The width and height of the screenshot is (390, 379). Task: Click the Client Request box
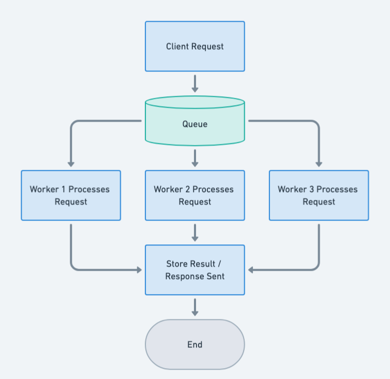tap(194, 46)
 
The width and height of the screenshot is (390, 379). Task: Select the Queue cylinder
tap(194, 121)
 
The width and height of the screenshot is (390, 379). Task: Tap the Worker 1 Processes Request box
tap(70, 195)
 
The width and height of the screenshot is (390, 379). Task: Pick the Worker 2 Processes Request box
tap(194, 195)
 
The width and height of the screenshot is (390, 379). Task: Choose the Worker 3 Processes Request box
tap(319, 195)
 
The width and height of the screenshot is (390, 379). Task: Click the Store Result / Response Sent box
tap(194, 270)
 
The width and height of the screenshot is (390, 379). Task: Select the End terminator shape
tap(194, 344)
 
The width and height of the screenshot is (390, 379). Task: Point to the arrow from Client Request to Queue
tap(194, 83)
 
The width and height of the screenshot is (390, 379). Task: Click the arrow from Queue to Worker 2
tap(194, 158)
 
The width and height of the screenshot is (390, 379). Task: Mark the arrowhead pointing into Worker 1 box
tap(71, 164)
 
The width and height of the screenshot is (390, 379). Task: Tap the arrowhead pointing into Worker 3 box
tap(319, 164)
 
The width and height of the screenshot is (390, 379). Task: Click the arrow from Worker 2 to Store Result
tap(194, 232)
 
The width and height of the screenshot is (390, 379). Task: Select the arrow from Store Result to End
tap(194, 307)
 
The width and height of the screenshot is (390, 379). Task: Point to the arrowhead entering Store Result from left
tap(139, 270)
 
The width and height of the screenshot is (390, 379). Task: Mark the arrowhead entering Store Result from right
tap(251, 270)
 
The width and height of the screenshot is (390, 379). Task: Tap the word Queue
tap(194, 124)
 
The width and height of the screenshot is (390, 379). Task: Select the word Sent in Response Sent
tap(216, 276)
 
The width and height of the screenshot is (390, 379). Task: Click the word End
tap(194, 344)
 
